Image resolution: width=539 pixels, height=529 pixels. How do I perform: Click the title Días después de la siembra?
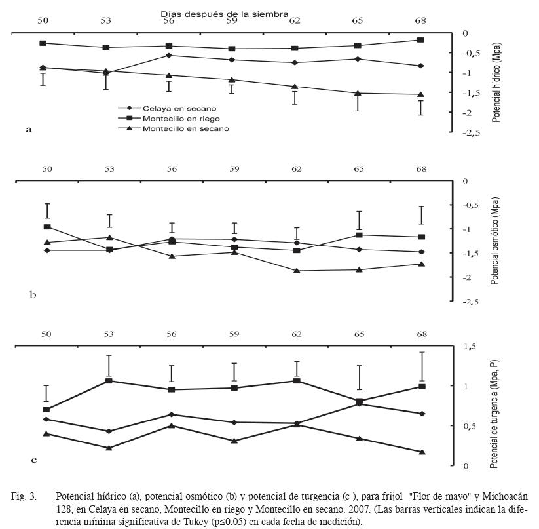225,14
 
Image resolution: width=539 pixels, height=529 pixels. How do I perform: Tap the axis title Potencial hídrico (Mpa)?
496,83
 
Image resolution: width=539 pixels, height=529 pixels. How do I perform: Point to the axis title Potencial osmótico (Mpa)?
494,241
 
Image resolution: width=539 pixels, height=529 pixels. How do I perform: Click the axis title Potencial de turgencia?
494,414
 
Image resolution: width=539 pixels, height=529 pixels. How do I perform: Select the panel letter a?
29,130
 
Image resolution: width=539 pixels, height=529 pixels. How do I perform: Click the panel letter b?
33,294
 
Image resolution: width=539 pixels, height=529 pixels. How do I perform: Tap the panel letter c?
33,460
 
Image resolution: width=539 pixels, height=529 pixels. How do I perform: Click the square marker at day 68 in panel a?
420,40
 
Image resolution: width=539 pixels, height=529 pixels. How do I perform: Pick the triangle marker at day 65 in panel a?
358,93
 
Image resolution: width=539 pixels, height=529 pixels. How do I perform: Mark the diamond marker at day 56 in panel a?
169,55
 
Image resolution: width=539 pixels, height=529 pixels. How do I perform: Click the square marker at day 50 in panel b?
47,227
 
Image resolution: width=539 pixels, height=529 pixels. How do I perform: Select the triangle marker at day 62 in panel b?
297,271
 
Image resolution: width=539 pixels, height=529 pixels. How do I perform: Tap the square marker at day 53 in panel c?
109,381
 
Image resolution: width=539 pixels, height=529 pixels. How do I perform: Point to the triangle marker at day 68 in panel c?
422,452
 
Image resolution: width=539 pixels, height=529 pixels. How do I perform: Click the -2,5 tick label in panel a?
471,134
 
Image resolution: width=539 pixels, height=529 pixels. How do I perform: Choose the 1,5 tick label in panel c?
470,346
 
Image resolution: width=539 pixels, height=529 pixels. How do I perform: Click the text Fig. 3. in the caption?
24,496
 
